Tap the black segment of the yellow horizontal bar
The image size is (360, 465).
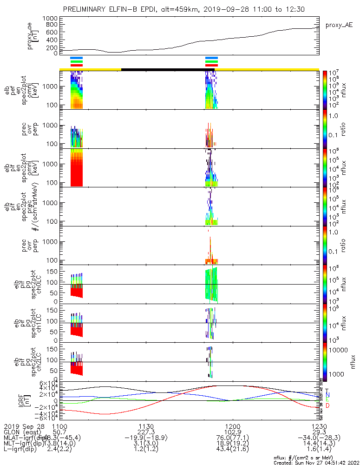click(167, 70)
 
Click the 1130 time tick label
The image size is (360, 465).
click(146, 426)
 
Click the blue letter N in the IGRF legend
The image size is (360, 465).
click(327, 395)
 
